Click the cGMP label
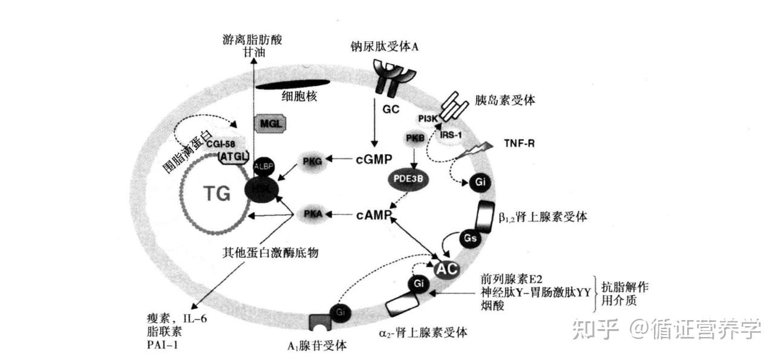pyautogui.click(x=374, y=159)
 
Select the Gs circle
pyautogui.click(x=470, y=238)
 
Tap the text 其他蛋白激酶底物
pyautogui.click(x=270, y=253)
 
